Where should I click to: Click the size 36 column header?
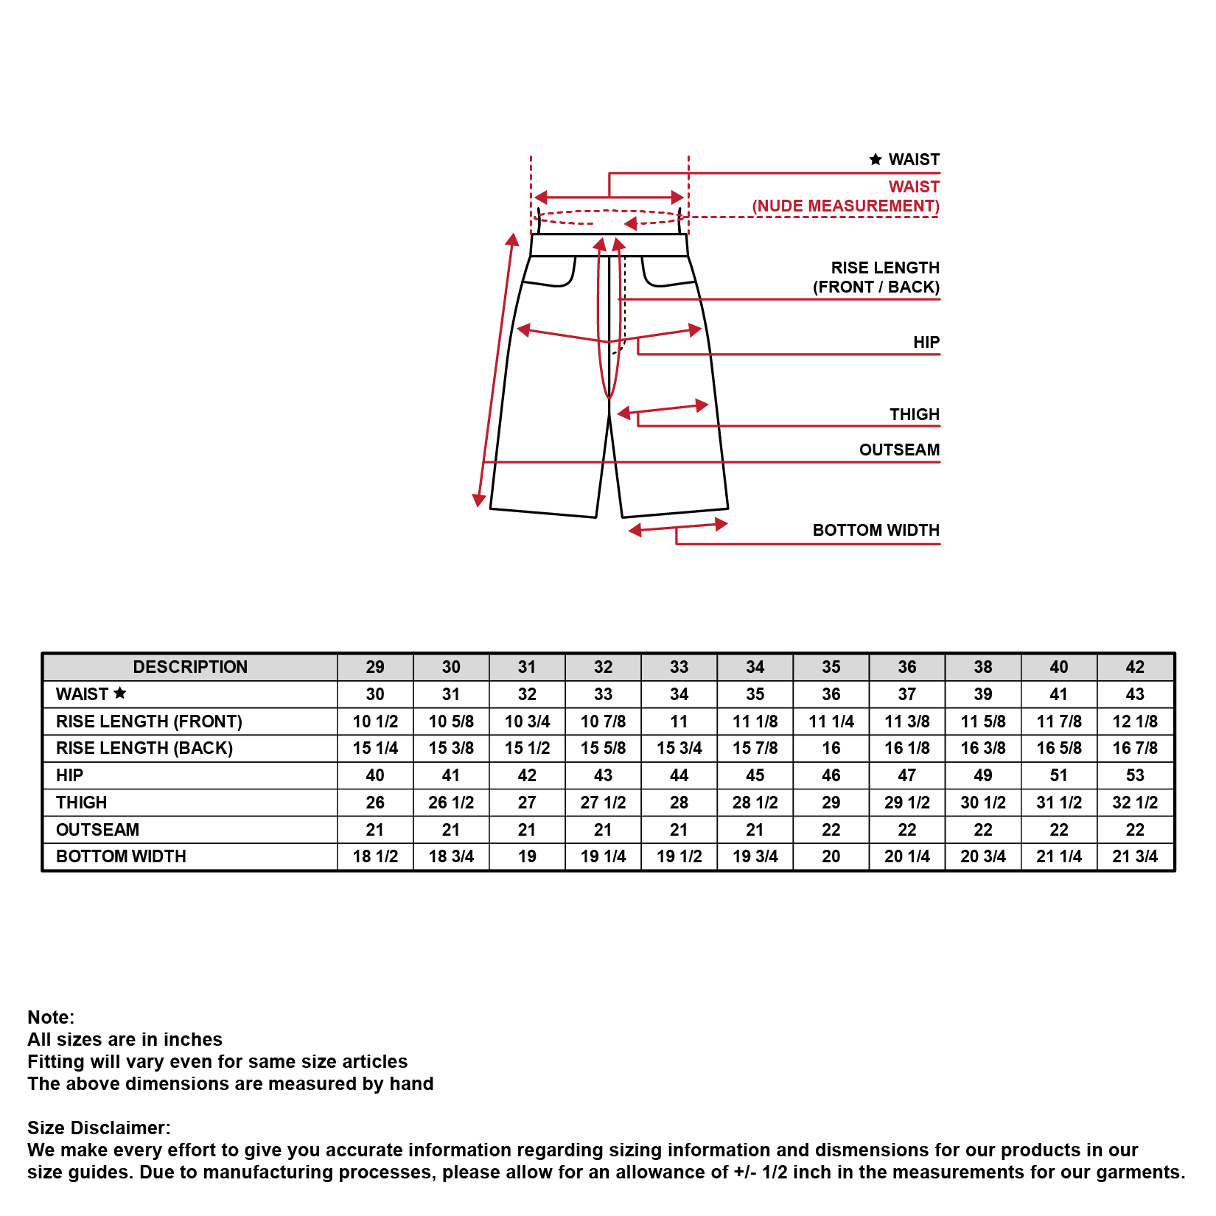[906, 667]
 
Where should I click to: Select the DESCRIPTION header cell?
[190, 667]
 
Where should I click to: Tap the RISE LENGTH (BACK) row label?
[144, 748]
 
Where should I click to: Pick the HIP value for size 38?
[982, 775]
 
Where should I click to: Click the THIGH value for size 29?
[374, 803]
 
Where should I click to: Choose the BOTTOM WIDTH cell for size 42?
[1134, 856]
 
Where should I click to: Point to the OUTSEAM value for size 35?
[831, 830]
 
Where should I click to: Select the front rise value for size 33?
[679, 721]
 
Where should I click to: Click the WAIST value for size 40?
[1058, 694]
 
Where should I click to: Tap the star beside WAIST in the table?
[120, 693]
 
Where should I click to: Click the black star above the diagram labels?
[876, 159]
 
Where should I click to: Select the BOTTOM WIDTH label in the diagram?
[876, 531]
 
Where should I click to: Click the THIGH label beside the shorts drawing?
[914, 414]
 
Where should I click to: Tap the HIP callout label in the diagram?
[926, 342]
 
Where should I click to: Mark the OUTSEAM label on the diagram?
[899, 450]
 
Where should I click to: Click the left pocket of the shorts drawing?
[551, 271]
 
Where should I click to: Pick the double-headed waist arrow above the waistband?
[609, 198]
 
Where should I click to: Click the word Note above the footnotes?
[51, 1017]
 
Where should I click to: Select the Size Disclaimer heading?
[99, 1128]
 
